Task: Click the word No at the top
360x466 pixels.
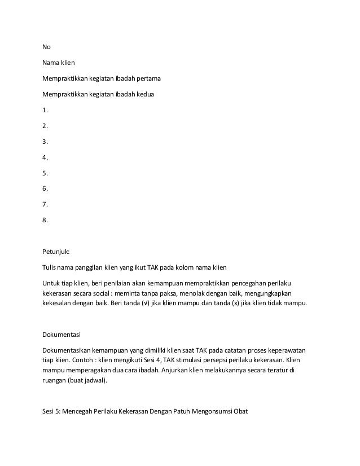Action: tap(47, 47)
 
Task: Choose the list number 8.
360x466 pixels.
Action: tap(45, 221)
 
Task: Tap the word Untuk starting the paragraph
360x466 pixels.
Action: tap(52, 282)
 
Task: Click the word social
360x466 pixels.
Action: tap(115, 293)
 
